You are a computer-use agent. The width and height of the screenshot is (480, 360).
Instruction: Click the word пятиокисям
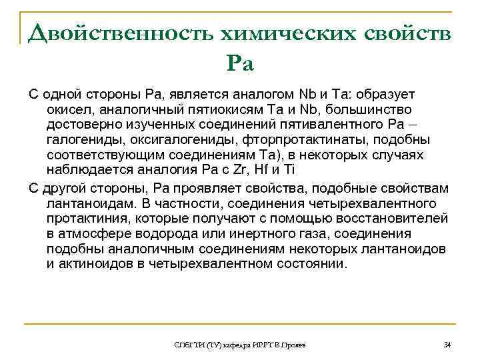coord(214,109)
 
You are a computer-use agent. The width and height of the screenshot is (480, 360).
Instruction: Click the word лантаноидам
coord(86,202)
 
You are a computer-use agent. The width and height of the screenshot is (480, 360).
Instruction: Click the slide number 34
coord(447,345)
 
